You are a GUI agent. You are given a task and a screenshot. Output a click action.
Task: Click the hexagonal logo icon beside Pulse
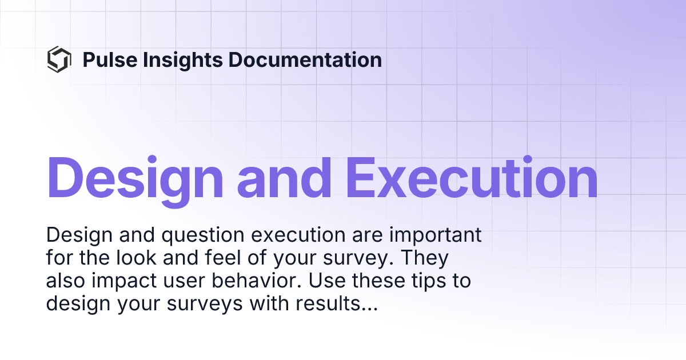pos(59,59)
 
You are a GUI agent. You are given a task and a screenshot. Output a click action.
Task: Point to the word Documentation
pos(305,59)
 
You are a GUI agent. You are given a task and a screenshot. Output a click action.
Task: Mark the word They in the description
pos(424,258)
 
